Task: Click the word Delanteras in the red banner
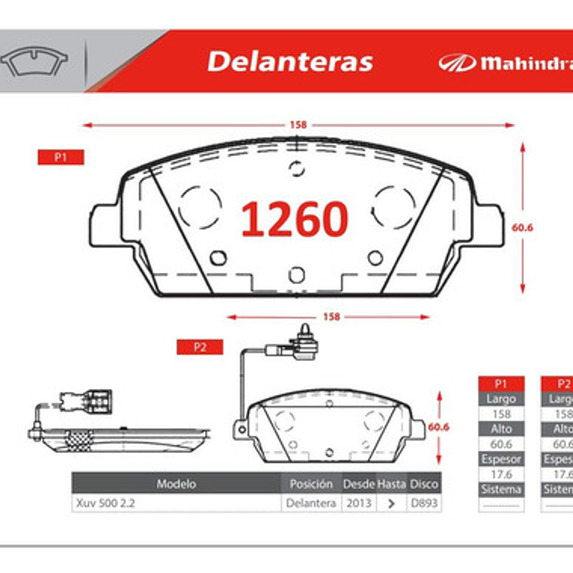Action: tap(290, 62)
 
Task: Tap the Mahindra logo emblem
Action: tap(456, 63)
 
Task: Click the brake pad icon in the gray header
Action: tap(34, 61)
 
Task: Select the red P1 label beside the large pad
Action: tap(61, 157)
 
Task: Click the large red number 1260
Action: tap(295, 220)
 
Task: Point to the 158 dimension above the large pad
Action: tap(298, 125)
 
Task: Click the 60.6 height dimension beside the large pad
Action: tap(522, 228)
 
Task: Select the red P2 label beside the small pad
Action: tap(200, 347)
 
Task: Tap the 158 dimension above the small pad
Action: tap(331, 317)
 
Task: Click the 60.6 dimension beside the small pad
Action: tap(438, 427)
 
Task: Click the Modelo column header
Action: tap(176, 484)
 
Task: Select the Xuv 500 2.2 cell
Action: tap(106, 503)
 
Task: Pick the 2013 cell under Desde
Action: tap(358, 503)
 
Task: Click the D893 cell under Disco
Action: tap(424, 503)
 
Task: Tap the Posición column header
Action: tap(311, 484)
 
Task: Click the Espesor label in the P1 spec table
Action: tap(501, 459)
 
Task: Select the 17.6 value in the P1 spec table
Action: tap(501, 474)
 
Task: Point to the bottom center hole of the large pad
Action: tap(297, 275)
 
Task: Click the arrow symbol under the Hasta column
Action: tap(391, 503)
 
